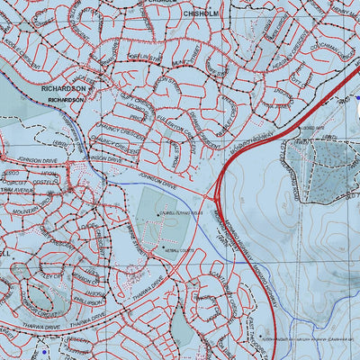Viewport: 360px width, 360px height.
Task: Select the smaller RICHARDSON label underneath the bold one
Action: point(66,101)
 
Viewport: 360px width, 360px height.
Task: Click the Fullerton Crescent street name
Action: point(180,126)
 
